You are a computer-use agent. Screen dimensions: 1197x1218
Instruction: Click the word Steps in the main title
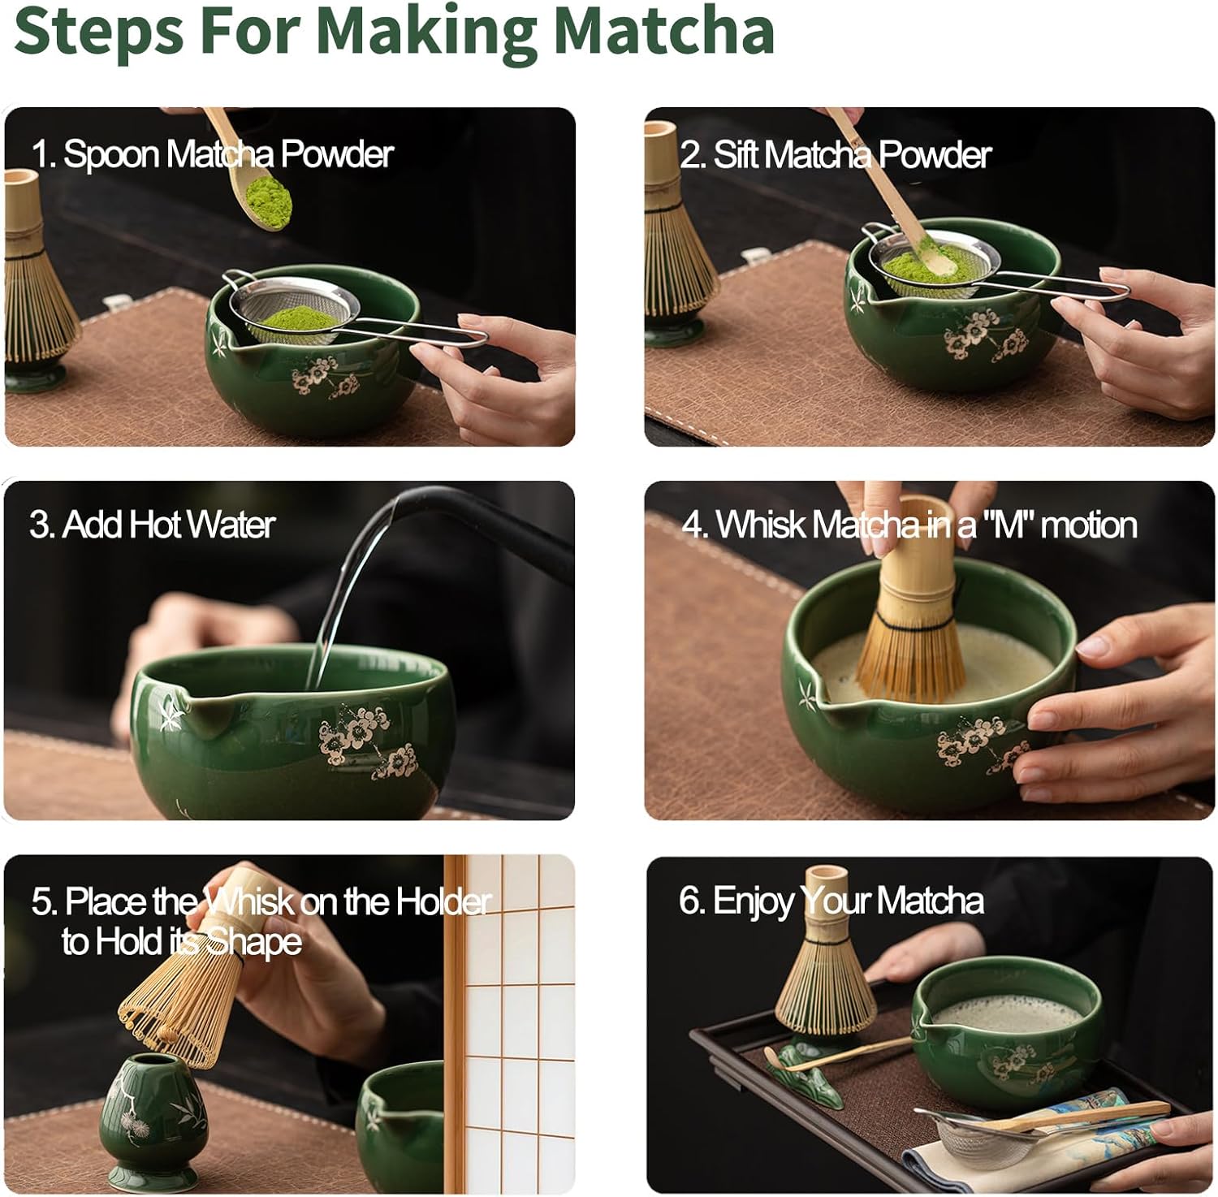coord(99,31)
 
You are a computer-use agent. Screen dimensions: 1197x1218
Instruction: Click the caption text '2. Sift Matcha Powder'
coord(835,154)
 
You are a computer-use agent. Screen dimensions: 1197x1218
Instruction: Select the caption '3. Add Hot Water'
coord(153,525)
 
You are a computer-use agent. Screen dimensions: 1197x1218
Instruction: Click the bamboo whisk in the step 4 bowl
coord(909,625)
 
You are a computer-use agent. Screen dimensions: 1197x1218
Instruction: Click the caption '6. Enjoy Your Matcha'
coord(831,901)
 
